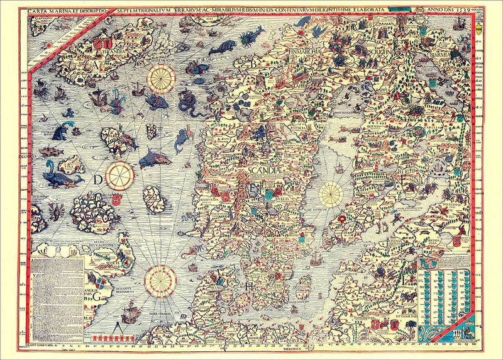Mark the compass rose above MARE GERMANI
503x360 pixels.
coord(159,281)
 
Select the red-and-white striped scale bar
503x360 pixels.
coord(113,338)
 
